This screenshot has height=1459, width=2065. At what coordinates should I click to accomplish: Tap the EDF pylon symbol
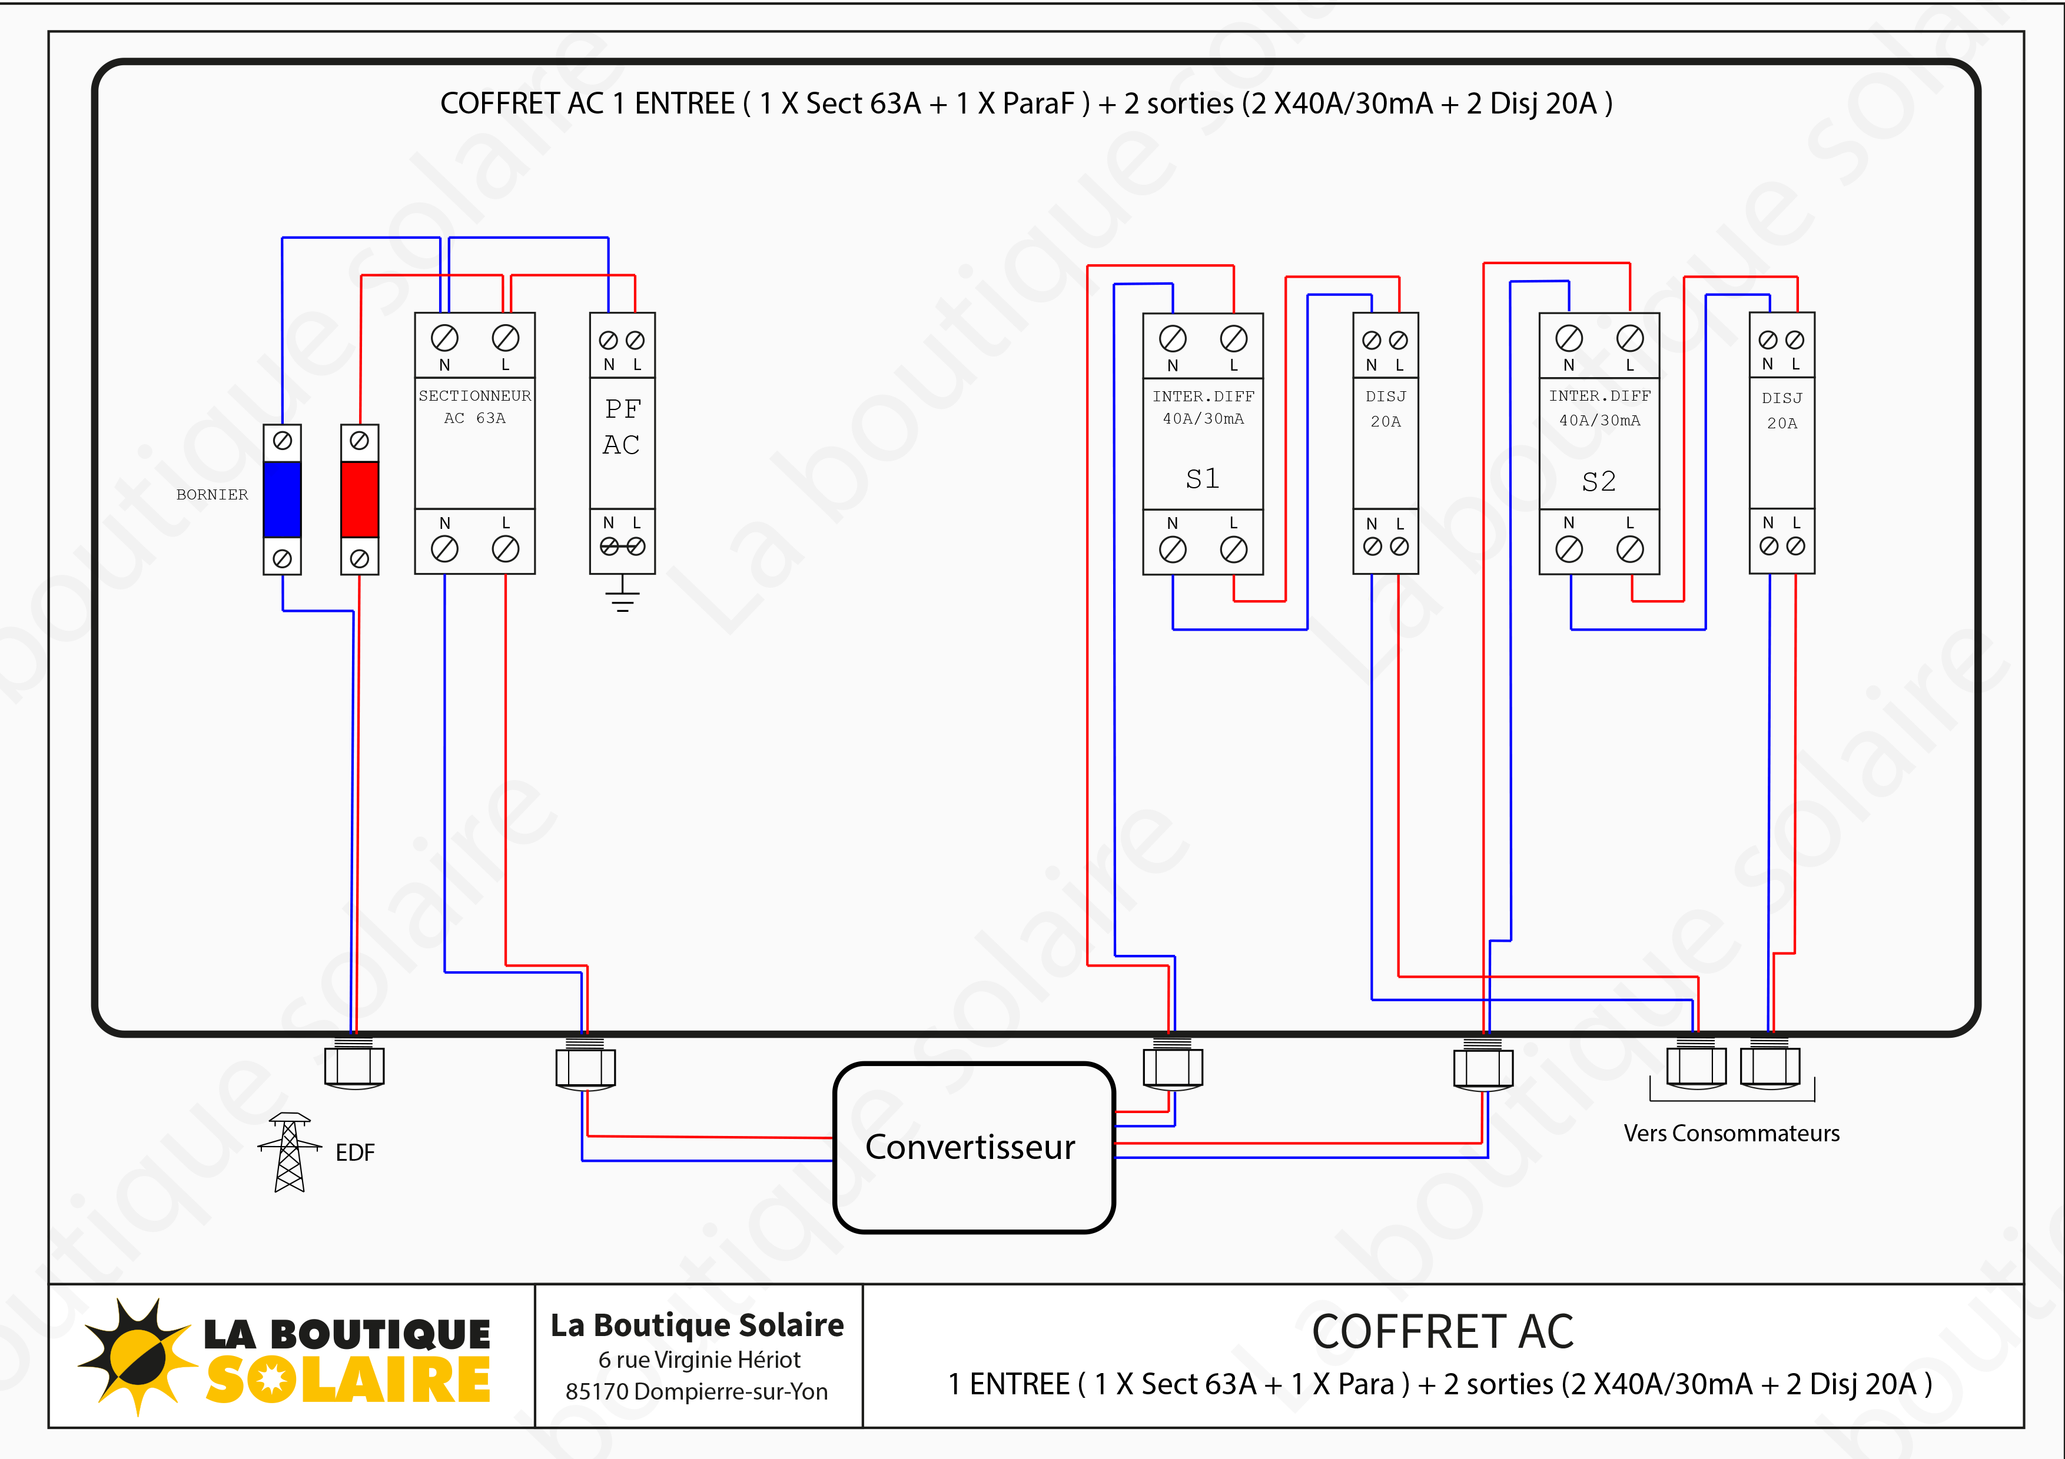pyautogui.click(x=288, y=1152)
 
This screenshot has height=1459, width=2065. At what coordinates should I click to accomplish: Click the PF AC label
pyautogui.click(x=622, y=427)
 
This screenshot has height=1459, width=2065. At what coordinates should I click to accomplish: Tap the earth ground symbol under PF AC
pyautogui.click(x=622, y=595)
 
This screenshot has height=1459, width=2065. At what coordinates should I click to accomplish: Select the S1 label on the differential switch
pyautogui.click(x=1203, y=478)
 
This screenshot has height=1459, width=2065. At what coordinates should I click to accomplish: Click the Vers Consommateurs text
pyautogui.click(x=1731, y=1134)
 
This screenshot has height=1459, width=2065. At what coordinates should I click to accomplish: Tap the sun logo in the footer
pyautogui.click(x=137, y=1355)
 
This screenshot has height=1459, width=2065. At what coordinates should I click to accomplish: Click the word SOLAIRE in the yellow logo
pyautogui.click(x=348, y=1380)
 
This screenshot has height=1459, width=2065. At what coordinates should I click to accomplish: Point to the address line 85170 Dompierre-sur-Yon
pyautogui.click(x=696, y=1391)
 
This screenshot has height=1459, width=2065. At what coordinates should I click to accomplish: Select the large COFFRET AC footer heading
pyautogui.click(x=1443, y=1331)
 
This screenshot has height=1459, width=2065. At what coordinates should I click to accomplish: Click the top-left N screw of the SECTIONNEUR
pyautogui.click(x=444, y=338)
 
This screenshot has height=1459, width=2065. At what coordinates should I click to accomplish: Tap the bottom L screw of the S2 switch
pyautogui.click(x=1630, y=548)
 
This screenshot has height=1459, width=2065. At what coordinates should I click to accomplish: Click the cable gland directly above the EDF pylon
pyautogui.click(x=354, y=1065)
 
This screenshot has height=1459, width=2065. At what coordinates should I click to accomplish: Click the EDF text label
pyautogui.click(x=354, y=1152)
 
